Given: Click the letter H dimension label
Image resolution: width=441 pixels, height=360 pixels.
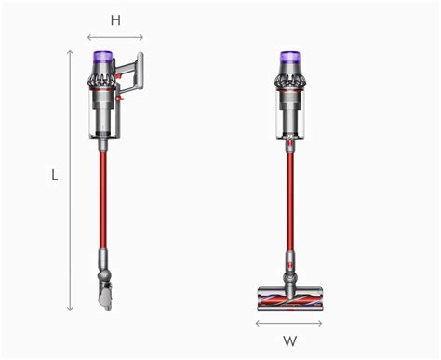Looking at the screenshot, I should coord(115,20).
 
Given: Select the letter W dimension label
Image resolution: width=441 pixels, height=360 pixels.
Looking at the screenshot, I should coord(289,341).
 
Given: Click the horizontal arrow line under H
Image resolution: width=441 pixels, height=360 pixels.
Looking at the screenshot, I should coord(115,38).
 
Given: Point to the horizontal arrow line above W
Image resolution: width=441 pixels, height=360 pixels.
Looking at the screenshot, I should coord(289,323).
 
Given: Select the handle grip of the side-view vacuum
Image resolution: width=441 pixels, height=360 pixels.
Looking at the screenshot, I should coord(137,74).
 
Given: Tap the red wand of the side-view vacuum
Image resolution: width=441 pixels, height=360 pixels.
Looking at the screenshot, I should coord(103,195).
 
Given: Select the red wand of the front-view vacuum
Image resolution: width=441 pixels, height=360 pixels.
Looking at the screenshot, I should coord(289,195).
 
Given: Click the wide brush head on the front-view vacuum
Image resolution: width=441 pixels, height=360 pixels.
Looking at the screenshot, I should coord(289,300).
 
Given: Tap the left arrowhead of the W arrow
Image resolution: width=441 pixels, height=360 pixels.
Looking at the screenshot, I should coord(258,323).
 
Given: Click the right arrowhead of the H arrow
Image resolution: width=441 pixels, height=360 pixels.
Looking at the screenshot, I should coord(142,38).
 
